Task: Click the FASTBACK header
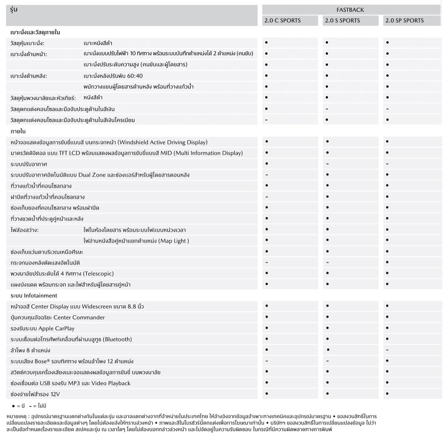click(x=350, y=10)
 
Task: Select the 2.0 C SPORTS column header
click(x=282, y=20)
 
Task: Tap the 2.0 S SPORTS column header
click(x=342, y=20)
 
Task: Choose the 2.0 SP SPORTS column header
click(x=404, y=20)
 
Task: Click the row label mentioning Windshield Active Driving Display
click(x=109, y=142)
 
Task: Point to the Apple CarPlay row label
click(x=43, y=328)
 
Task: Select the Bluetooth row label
click(x=71, y=339)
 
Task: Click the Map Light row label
click(x=136, y=241)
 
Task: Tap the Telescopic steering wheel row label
click(x=62, y=273)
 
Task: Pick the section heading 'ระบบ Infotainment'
click(x=34, y=296)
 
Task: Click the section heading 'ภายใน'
click(x=18, y=131)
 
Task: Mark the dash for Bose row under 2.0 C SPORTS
click(x=266, y=361)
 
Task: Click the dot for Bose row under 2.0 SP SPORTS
click(x=387, y=361)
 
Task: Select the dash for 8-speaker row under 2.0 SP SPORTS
click(x=387, y=350)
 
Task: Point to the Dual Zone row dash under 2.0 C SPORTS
click(x=266, y=175)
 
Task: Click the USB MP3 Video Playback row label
click(x=71, y=383)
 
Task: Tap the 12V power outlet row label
click(x=35, y=394)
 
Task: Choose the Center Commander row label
click(x=58, y=317)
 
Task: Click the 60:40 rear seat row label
click(x=113, y=76)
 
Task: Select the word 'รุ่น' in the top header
click(x=14, y=10)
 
